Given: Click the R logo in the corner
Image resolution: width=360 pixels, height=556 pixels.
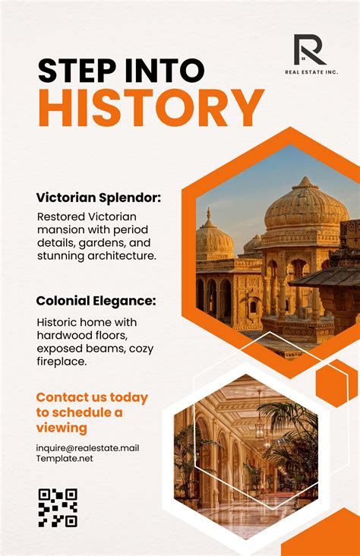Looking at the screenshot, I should pos(310,49).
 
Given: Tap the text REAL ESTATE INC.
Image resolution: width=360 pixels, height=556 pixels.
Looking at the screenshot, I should pos(311,72).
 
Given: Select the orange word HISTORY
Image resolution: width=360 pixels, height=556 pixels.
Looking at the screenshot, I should pos(151,108).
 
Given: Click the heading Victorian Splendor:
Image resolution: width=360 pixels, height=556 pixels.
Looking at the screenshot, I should pos(99,198).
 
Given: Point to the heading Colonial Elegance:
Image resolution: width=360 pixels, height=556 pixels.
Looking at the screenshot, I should pos(96,301).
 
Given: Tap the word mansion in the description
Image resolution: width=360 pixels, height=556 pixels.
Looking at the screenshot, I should pos(60,230).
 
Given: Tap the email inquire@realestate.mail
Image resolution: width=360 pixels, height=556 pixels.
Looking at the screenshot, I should pos(87,447).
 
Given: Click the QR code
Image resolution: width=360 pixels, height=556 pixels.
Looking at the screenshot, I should pos(58,507).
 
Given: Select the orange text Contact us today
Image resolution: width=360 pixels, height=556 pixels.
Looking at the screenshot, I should pos(92,397).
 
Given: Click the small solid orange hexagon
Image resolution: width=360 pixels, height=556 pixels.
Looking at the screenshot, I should pos(336,382).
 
